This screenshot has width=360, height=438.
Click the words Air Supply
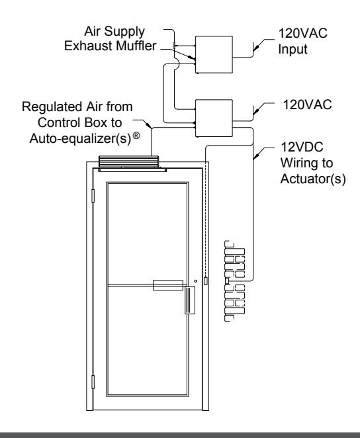coord(114,32)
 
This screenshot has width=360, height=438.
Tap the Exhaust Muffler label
coord(110,46)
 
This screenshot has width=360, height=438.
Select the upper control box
coord(214,55)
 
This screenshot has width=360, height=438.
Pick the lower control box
coord(214,118)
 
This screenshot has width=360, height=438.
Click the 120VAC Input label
coord(302,41)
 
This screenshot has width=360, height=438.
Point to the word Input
coord(292,49)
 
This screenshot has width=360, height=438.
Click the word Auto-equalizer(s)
coord(81,138)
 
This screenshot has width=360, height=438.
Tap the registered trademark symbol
coord(136,136)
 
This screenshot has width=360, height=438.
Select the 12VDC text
coord(302,147)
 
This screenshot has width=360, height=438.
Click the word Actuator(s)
coord(313,179)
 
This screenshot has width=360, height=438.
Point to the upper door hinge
coord(93,196)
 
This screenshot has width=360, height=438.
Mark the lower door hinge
coord(93,382)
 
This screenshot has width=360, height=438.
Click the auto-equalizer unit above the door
coord(129,161)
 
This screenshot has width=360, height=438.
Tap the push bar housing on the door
coord(168,285)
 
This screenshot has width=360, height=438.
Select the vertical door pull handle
coord(190,300)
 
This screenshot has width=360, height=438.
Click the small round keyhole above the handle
coord(195,281)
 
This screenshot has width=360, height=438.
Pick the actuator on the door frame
coord(206,281)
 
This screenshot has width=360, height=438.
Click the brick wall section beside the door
coord(235,281)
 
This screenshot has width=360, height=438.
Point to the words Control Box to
coord(79,122)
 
